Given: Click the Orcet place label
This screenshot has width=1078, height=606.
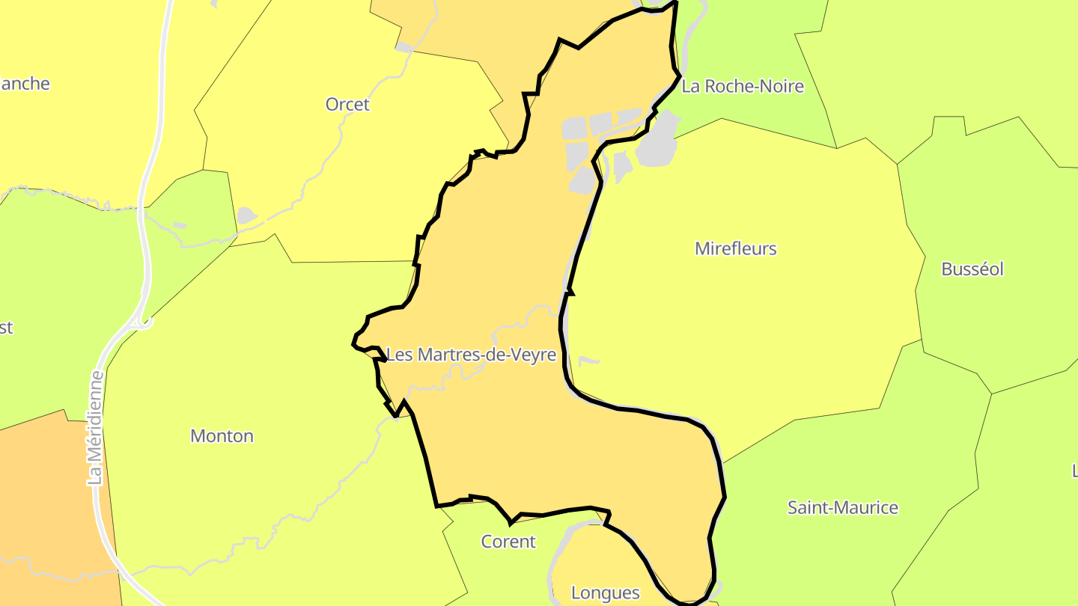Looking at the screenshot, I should point(347,104).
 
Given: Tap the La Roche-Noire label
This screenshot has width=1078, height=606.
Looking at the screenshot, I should point(743,86).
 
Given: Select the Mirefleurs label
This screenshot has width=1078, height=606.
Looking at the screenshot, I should point(736,248).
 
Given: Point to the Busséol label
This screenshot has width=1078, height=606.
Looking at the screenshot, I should point(972,269).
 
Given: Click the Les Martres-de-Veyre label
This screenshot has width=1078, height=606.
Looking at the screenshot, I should point(471,355).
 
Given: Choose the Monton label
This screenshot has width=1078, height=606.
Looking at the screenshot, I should point(222,435).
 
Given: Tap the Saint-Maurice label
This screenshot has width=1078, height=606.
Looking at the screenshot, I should point(843,507).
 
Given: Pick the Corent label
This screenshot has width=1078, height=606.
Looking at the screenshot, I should point(508,541).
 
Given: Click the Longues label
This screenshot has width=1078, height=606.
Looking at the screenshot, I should point(605,593).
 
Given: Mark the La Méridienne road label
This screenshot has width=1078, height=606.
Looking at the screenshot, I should point(95,428).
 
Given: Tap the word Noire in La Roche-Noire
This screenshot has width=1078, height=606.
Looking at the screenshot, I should point(782,86).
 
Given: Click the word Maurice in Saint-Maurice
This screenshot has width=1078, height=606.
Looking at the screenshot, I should point(868,507).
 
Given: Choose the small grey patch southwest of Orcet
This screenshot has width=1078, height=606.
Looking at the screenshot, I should point(246,216).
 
